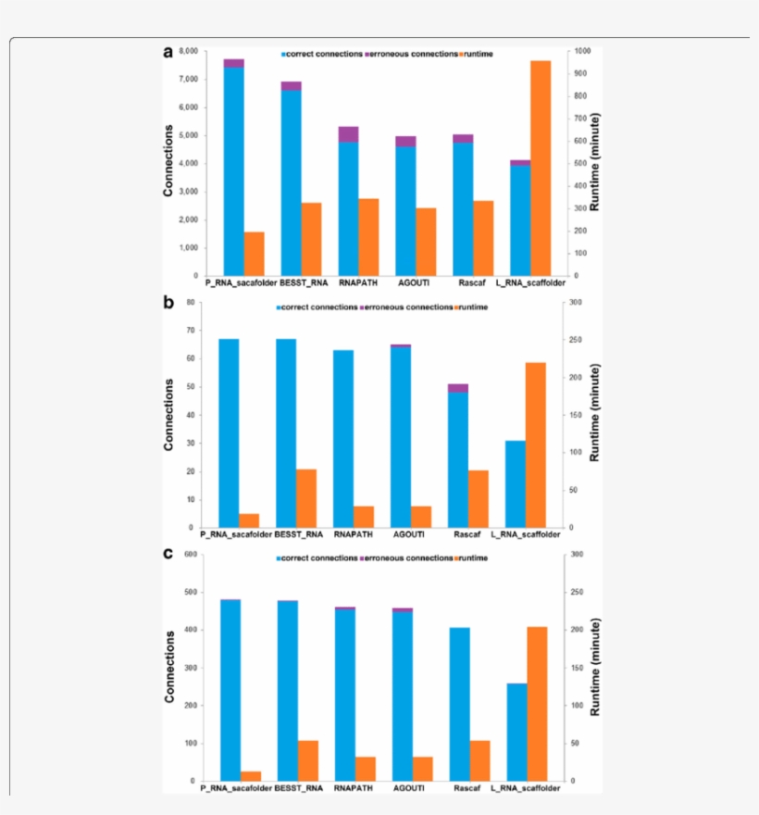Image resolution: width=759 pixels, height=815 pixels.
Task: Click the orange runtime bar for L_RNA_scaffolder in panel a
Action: click(540, 168)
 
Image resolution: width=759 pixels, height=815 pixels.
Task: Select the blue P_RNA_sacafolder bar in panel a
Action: click(233, 171)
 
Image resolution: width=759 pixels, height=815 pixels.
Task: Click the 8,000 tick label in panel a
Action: click(187, 51)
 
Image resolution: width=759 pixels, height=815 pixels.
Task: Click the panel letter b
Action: click(168, 302)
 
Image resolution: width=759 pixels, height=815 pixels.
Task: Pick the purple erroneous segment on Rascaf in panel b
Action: click(458, 388)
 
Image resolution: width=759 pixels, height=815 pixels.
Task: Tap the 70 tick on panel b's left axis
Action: click(190, 331)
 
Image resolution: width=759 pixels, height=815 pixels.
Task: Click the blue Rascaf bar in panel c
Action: click(459, 704)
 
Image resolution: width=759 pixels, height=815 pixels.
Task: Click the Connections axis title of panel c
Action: click(168, 667)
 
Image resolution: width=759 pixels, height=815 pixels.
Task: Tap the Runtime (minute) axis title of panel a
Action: click(596, 162)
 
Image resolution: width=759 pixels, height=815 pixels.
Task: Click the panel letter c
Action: click(168, 554)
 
